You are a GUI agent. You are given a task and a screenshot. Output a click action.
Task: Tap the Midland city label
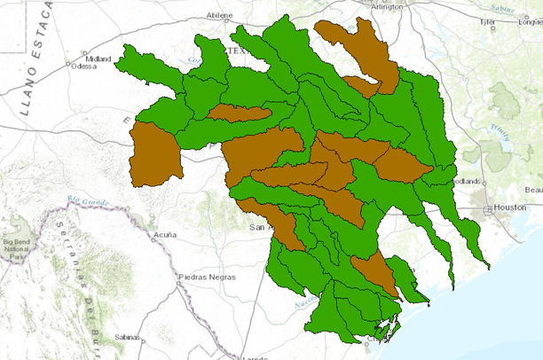pos(98,59)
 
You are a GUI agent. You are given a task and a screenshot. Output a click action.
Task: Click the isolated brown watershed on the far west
pos(155,155)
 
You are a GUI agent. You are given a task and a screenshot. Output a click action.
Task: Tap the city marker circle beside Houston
pos(489,210)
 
